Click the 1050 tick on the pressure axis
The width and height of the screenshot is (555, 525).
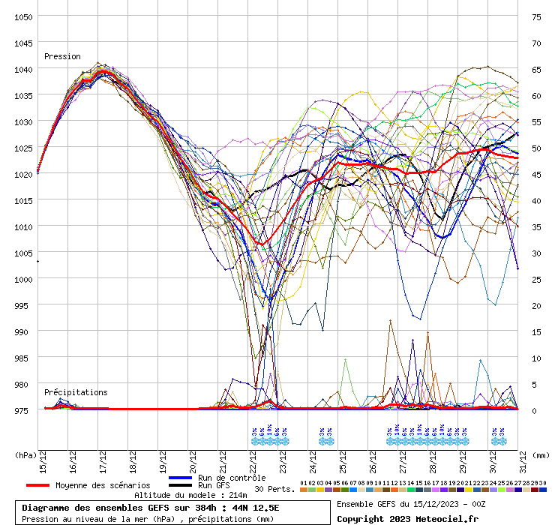(22, 16)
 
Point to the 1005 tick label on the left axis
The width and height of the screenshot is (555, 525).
(22, 253)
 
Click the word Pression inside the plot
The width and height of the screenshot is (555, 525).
(62, 56)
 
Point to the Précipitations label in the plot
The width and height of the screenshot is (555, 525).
(75, 392)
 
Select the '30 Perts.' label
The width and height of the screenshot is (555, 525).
(274, 489)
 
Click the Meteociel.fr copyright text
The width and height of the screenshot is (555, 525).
(406, 518)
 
